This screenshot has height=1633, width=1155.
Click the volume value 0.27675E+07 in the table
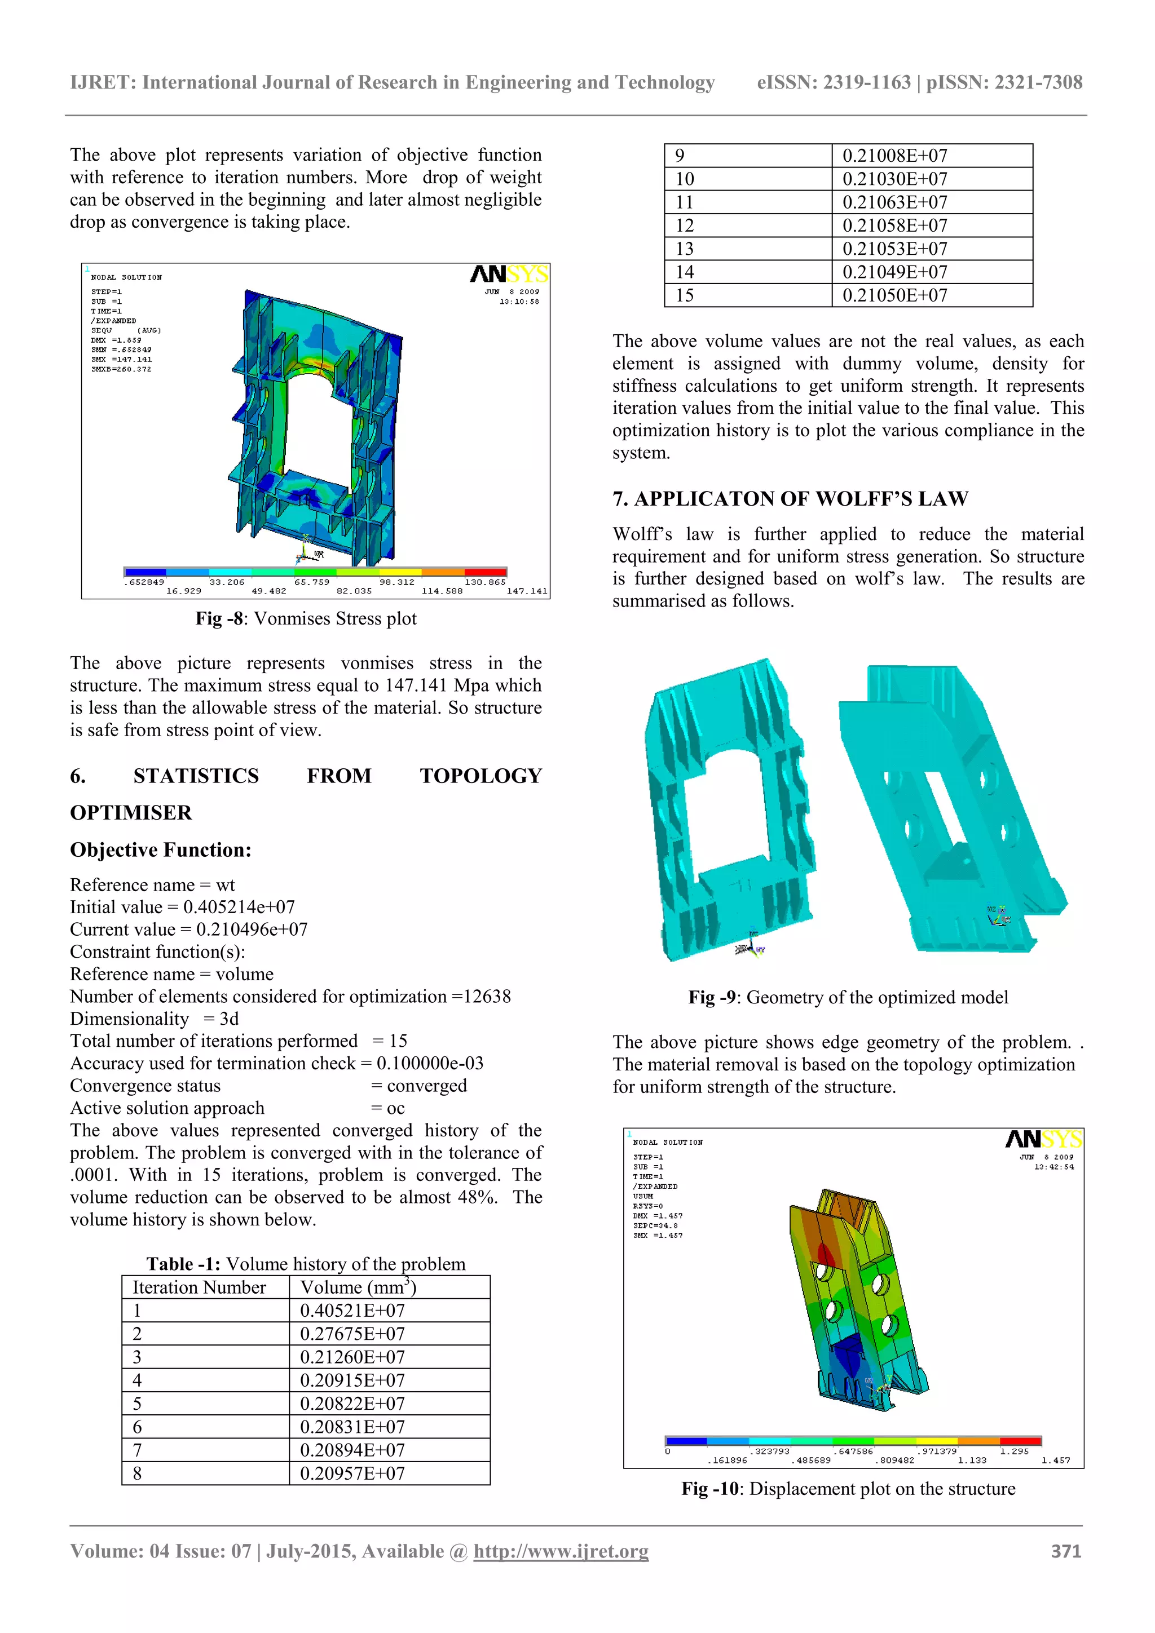click(352, 1334)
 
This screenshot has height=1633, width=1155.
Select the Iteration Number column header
click(199, 1287)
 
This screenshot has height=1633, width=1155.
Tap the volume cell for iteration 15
click(894, 295)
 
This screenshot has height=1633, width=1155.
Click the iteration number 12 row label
click(685, 225)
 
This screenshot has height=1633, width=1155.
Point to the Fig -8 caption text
click(306, 619)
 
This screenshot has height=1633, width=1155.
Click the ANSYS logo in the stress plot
click(509, 274)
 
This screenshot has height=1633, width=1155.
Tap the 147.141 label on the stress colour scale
click(527, 591)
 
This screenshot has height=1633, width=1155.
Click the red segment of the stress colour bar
click(486, 572)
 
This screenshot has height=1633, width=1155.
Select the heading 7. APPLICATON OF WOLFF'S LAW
click(790, 498)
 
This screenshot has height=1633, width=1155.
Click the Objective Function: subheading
click(160, 850)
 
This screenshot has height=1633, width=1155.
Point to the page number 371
click(1066, 1551)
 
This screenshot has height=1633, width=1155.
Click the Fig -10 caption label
click(709, 1489)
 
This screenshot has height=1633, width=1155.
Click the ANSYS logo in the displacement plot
click(1043, 1139)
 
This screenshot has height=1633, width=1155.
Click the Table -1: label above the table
click(183, 1264)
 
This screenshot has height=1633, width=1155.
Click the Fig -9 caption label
click(712, 997)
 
